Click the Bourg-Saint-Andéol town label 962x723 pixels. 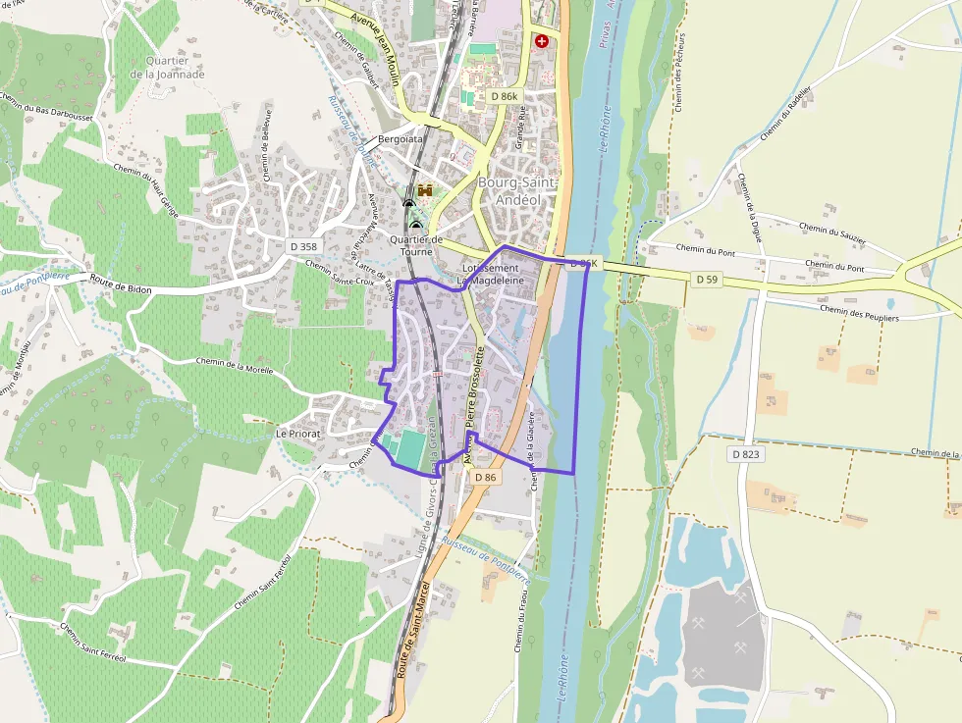point(516,190)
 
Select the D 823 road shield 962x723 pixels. point(746,454)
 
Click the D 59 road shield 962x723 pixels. point(706,280)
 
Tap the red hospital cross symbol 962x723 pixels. point(541,41)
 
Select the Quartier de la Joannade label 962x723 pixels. point(168,67)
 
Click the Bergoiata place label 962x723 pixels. point(401,139)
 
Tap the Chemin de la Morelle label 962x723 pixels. point(234,366)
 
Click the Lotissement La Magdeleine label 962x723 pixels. point(490,274)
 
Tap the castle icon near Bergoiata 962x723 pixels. point(425,190)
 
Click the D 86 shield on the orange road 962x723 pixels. point(485,477)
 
